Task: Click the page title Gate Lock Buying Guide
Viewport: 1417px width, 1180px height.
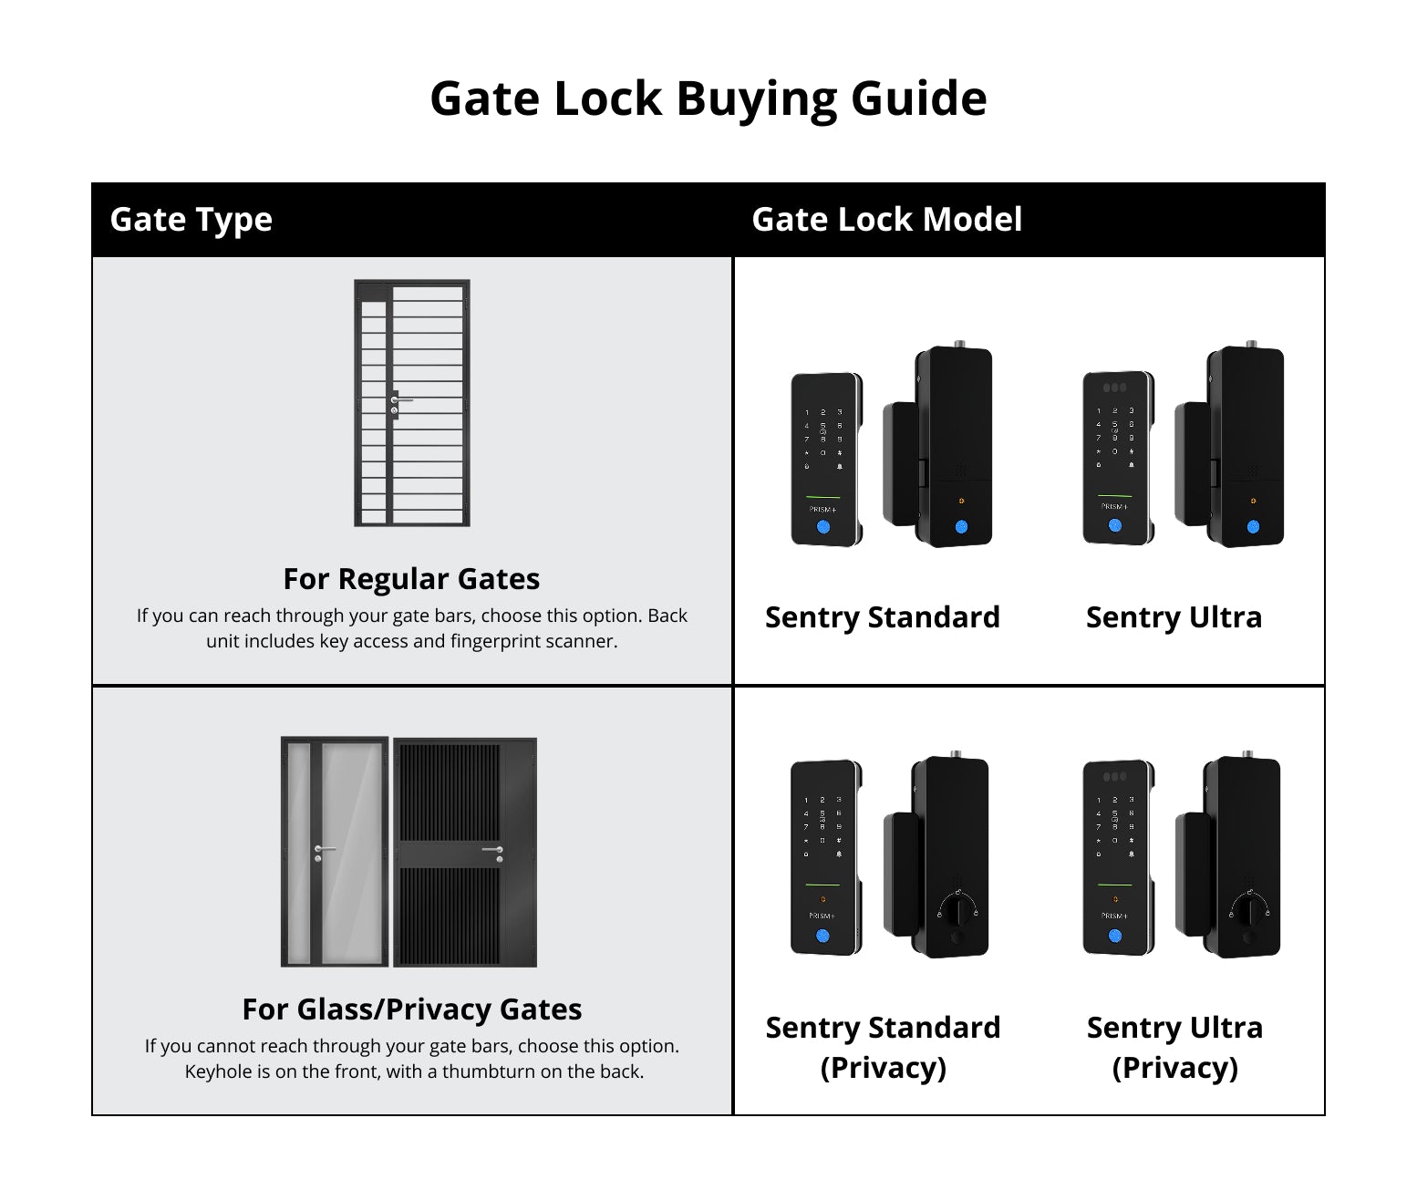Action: tap(708, 99)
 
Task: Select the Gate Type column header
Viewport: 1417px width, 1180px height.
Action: tap(191, 220)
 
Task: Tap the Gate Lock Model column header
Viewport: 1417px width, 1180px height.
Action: tap(886, 219)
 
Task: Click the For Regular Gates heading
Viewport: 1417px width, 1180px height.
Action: tap(411, 579)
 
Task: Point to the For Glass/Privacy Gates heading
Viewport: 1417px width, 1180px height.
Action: tap(412, 1009)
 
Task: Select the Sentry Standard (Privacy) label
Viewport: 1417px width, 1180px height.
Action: tap(883, 1048)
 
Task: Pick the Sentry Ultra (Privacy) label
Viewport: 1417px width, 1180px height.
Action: tap(1174, 1048)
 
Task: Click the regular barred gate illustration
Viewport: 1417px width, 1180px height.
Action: tap(412, 403)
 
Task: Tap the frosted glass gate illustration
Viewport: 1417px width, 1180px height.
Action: tap(335, 852)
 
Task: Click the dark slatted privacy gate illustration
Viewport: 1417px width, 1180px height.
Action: tap(465, 852)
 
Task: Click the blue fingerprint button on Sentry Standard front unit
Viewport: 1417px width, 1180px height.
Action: tap(823, 526)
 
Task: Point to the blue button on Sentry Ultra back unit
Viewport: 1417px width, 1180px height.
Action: tap(1253, 526)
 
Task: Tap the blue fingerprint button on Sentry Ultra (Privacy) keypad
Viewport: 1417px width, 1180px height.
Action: tap(1114, 937)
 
